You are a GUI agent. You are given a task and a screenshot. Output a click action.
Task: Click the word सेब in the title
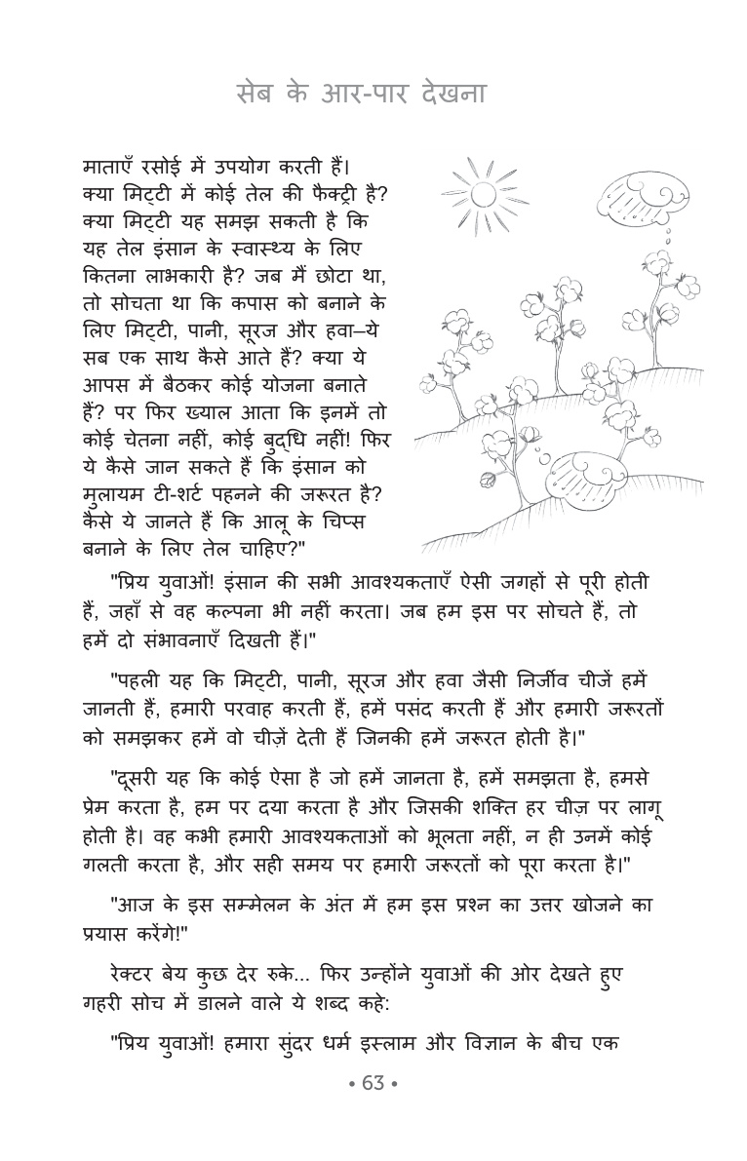257,96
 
